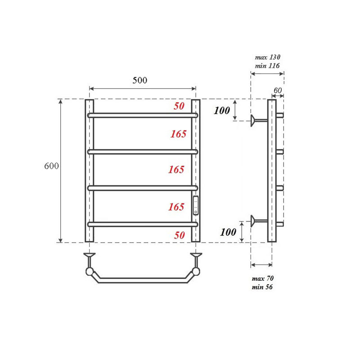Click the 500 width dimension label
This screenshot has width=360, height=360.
(x=140, y=80)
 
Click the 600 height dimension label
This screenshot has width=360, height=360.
(x=51, y=166)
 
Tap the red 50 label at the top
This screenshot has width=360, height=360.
(x=179, y=106)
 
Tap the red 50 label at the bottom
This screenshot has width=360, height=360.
(x=179, y=235)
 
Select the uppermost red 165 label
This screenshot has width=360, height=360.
(x=178, y=134)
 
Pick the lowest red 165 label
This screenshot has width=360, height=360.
(x=176, y=207)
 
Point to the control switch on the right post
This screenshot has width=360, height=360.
(x=196, y=206)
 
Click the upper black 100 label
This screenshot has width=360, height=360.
(x=222, y=111)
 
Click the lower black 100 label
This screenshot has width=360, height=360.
(x=228, y=232)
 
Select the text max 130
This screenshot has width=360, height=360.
(x=267, y=57)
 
